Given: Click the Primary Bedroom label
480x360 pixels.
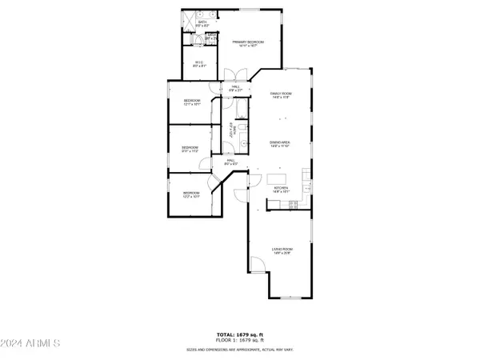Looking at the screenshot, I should click(x=248, y=43).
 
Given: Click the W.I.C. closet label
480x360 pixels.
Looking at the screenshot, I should click(x=201, y=64).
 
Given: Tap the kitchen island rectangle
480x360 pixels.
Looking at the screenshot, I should click(x=278, y=178).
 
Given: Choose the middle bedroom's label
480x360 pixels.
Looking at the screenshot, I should click(x=190, y=149).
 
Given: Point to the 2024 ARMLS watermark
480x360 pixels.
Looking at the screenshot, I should click(x=31, y=344).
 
